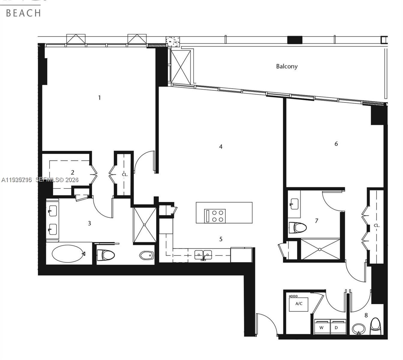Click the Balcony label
pyautogui.click(x=287, y=66)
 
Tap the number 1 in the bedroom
pyautogui.click(x=99, y=97)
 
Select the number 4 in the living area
pyautogui.click(x=221, y=147)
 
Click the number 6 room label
pyautogui.click(x=336, y=144)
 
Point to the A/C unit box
pyautogui.click(x=299, y=304)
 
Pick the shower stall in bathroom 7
pyautogui.click(x=320, y=249)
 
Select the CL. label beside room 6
pyautogui.click(x=377, y=225)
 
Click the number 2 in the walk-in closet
pyautogui.click(x=72, y=172)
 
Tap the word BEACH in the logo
pyautogui.click(x=23, y=13)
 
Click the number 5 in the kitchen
pyautogui.click(x=221, y=239)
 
